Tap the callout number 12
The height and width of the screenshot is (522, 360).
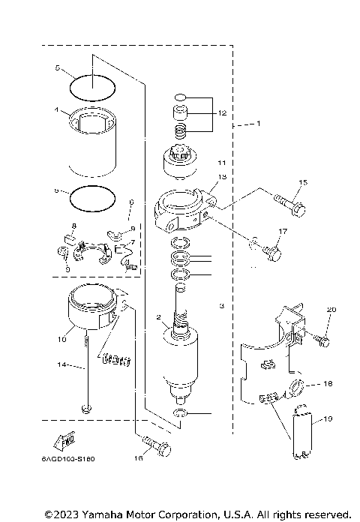click(220, 112)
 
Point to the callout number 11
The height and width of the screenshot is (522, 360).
click(220, 162)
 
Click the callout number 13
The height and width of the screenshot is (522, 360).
click(221, 177)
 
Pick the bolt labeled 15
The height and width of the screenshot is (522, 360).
click(291, 203)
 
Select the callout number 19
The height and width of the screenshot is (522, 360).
click(328, 419)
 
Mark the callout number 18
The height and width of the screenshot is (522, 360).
click(327, 383)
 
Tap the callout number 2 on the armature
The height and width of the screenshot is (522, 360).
click(158, 318)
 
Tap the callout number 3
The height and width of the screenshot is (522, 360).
click(221, 306)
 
